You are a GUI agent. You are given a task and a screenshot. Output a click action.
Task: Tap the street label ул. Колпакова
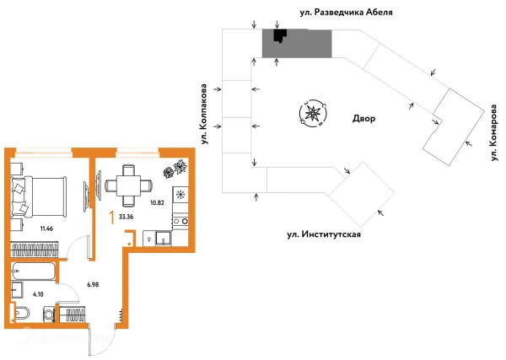[202, 105]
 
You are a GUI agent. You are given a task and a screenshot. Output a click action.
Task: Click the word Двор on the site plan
[363, 119]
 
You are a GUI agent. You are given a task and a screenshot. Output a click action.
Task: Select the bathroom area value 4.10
[39, 294]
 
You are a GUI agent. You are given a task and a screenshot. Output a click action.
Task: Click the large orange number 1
[113, 216]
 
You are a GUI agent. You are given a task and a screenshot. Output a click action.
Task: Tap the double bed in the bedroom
[38, 193]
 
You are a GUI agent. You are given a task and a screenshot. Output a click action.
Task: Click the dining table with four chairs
[128, 185]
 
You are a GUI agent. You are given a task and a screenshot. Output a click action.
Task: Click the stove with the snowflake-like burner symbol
[180, 193]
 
